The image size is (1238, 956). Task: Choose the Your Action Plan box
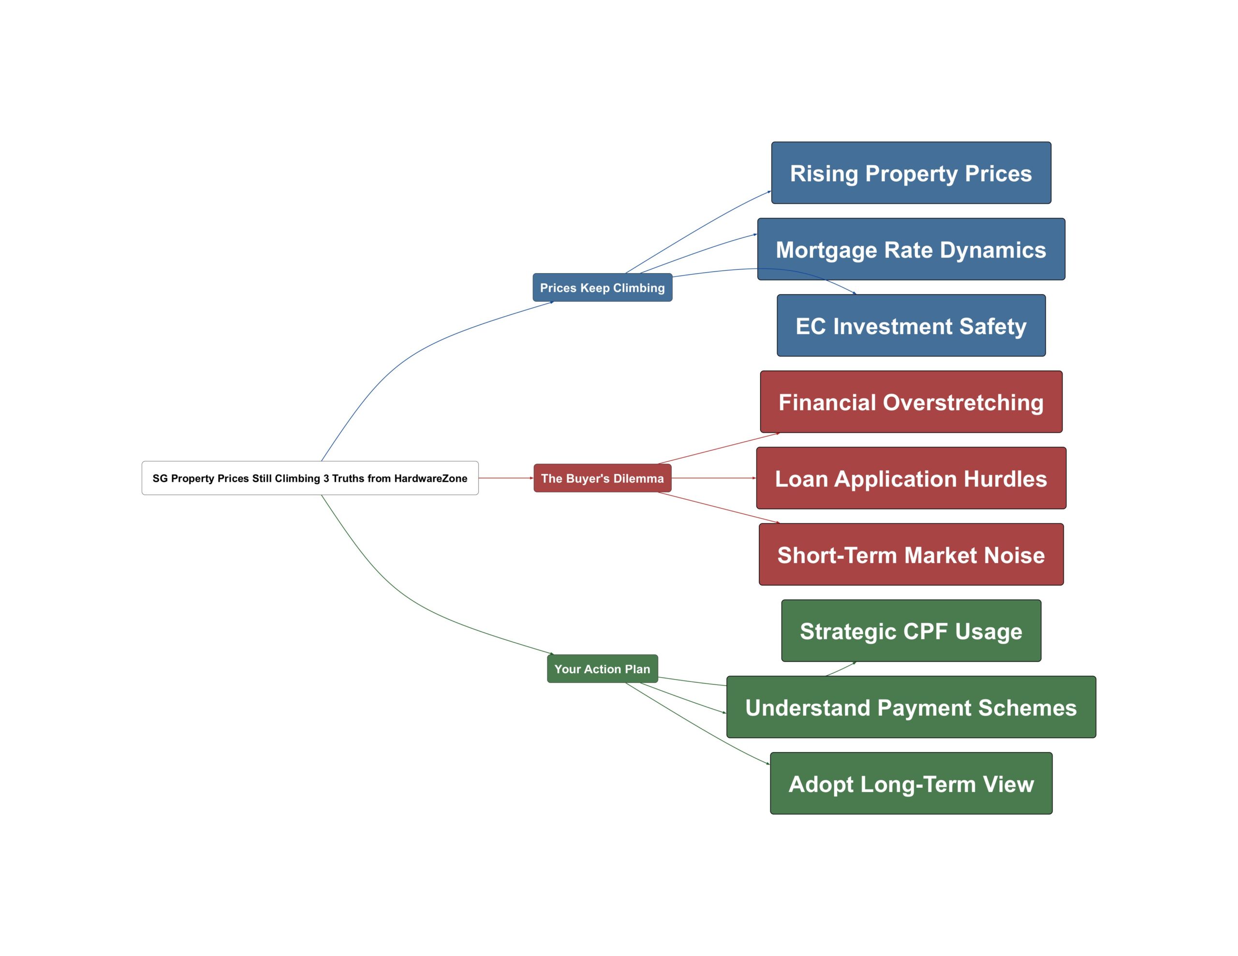602,669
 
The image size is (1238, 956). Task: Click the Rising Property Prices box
911,173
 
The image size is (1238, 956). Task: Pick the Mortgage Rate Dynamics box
911,249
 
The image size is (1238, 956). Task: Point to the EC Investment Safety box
911,325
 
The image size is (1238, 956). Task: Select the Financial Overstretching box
911,402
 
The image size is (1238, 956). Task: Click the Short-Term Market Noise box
911,554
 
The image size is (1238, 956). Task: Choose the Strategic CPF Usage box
911,631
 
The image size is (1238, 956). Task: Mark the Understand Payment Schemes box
911,707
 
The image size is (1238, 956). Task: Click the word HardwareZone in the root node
430,478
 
